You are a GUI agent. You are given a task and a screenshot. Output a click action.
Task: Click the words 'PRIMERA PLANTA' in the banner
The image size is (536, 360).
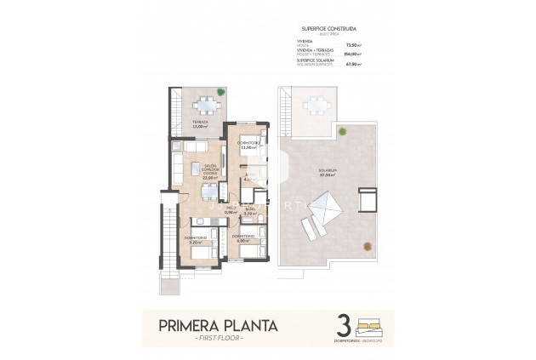coord(218,324)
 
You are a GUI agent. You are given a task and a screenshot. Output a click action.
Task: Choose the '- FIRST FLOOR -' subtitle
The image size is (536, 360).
coord(218,338)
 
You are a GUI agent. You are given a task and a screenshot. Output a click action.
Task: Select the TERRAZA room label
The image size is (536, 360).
coord(200,123)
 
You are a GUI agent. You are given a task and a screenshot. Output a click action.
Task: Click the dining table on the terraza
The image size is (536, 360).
coord(207,106)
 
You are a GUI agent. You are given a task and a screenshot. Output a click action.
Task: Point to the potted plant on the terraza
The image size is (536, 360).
coord(220,91)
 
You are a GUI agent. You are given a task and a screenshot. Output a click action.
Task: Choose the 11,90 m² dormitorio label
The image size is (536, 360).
coord(249,146)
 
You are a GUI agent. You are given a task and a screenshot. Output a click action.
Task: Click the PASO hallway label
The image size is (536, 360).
coord(230,209)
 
